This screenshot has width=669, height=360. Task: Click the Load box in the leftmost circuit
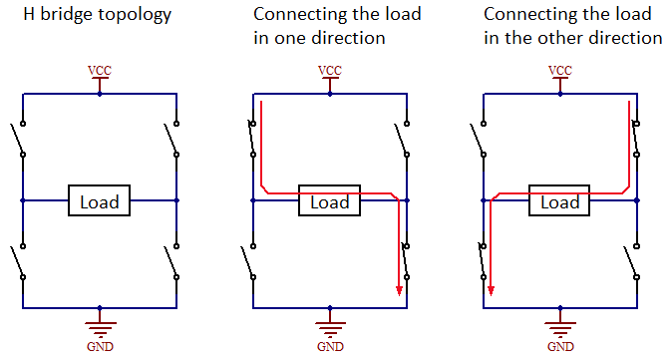[x=100, y=201]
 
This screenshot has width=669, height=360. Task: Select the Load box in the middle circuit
[x=330, y=201]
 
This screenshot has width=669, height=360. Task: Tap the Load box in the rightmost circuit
[x=559, y=201]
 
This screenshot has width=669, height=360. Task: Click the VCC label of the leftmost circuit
[x=100, y=71]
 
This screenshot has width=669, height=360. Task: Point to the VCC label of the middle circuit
[x=329, y=71]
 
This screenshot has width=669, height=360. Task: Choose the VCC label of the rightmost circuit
[x=559, y=71]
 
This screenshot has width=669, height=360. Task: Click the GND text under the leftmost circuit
[x=100, y=347]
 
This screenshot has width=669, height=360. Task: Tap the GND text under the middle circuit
[x=329, y=347]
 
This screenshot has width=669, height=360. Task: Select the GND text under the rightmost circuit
[x=559, y=347]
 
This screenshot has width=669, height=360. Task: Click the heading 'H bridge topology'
[x=86, y=15]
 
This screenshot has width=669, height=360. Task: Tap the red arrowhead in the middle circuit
[x=399, y=290]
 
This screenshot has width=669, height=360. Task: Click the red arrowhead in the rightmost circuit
[x=491, y=290]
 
